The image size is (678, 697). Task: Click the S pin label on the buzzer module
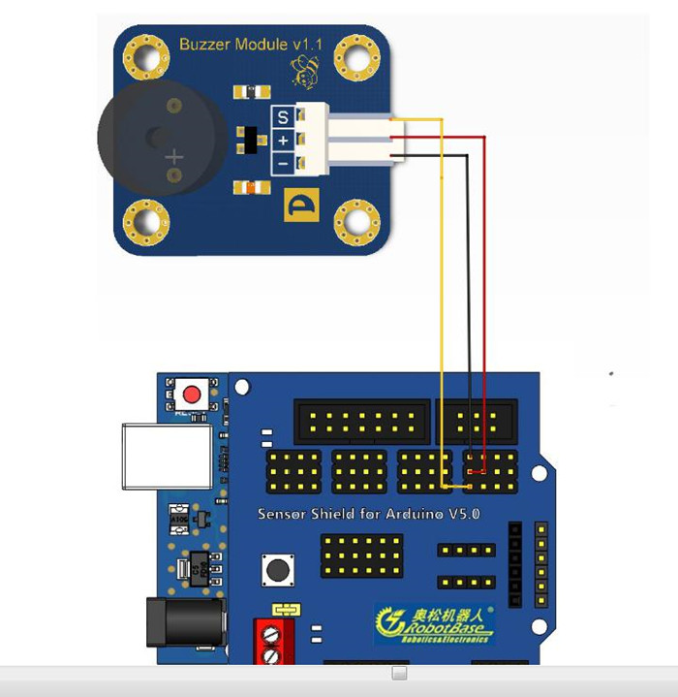283,117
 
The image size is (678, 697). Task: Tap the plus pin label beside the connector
283,141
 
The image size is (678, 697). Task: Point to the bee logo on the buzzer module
306,70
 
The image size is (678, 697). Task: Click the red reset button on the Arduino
193,395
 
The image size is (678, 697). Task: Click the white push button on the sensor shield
279,570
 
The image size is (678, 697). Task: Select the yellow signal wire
442,291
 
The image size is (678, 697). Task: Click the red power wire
482,291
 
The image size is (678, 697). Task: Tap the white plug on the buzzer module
354,142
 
